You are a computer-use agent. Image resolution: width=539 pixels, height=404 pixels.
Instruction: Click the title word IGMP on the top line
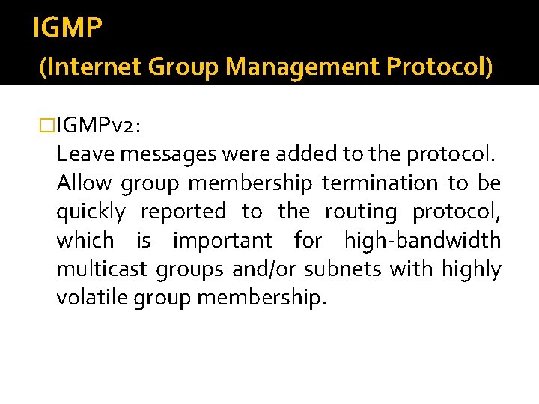[68, 28]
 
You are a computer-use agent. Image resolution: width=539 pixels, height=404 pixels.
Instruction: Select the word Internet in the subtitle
[92, 68]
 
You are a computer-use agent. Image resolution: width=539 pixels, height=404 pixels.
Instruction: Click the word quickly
[91, 212]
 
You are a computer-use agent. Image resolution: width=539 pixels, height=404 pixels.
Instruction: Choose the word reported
[183, 212]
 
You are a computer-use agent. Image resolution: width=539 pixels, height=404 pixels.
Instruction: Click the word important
[222, 241]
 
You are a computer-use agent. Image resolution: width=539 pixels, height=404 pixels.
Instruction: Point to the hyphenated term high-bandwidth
[422, 241]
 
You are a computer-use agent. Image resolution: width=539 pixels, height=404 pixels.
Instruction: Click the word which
[85, 241]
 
